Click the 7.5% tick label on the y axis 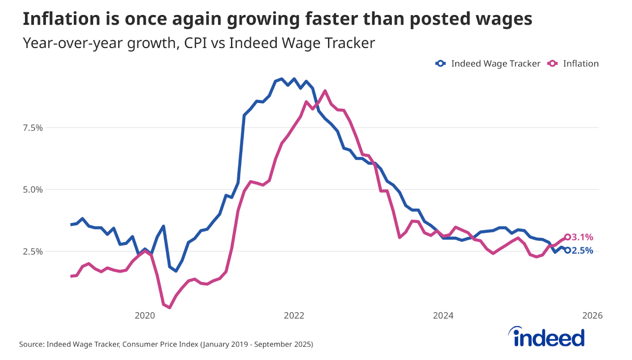(x=33, y=128)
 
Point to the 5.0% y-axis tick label (x=33, y=190)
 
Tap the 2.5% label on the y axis (x=33, y=252)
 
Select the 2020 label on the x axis (x=145, y=315)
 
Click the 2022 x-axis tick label (x=294, y=315)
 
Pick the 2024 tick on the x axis (x=443, y=315)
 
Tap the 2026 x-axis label (x=592, y=315)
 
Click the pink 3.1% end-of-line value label (x=583, y=237)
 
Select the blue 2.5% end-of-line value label (x=583, y=251)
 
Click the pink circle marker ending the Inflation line (x=568, y=237)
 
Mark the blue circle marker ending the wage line (x=568, y=250)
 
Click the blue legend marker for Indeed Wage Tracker (x=440, y=64)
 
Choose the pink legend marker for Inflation (x=552, y=64)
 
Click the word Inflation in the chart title (x=60, y=19)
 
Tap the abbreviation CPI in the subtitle (x=195, y=43)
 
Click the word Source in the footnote (x=31, y=345)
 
